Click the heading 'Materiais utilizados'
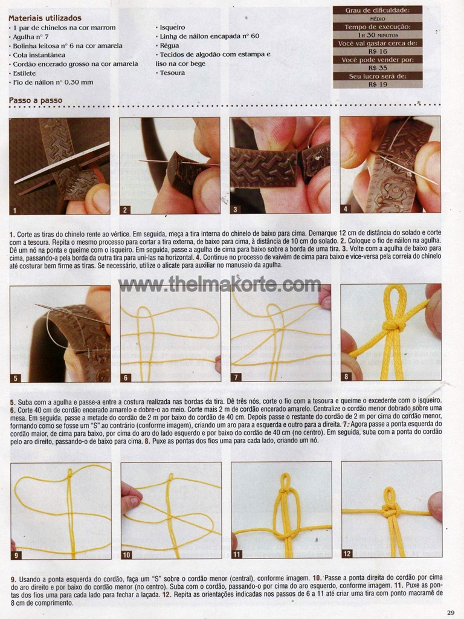(45, 18)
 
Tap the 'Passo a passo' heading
(36, 100)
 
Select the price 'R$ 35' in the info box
(378, 68)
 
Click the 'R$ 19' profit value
(378, 84)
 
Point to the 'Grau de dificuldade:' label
(378, 10)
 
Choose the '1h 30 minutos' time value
(378, 35)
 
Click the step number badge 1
(14, 210)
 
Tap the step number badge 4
(345, 209)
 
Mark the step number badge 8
(346, 376)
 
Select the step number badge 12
(347, 554)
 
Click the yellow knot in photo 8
(393, 326)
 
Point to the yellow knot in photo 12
(390, 511)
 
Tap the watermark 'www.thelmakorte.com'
(219, 284)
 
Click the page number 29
(451, 612)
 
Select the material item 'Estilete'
(24, 73)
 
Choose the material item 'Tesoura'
(170, 73)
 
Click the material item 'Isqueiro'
(170, 27)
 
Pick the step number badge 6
(126, 377)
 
